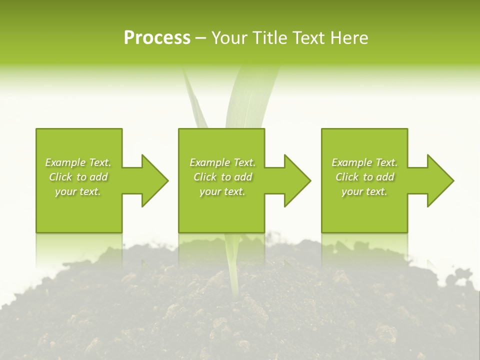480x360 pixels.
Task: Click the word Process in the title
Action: [x=157, y=38]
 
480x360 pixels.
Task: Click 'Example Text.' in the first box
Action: [x=78, y=162]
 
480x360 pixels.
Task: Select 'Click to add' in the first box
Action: [x=78, y=177]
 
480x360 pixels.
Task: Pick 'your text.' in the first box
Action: [x=78, y=191]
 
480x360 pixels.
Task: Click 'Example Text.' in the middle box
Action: [x=222, y=162]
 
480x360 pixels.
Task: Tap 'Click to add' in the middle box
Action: [x=222, y=177]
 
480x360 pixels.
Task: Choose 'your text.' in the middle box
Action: [x=222, y=191]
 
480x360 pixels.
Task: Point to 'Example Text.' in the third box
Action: [x=364, y=162]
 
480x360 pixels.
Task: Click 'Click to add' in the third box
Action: [x=364, y=177]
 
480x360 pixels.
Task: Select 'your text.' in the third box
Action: [x=364, y=191]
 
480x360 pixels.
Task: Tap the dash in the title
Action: [x=200, y=38]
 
